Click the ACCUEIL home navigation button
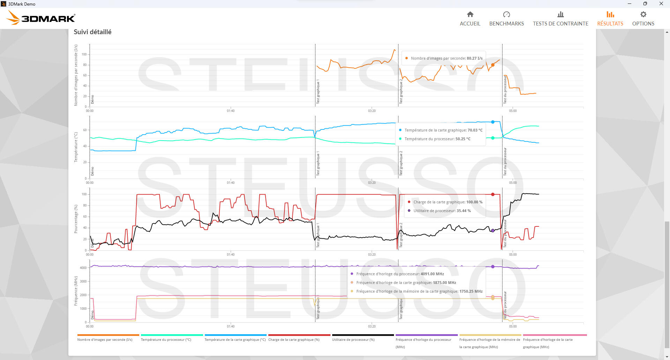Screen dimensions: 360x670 pos(470,18)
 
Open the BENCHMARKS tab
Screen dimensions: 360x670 pos(506,18)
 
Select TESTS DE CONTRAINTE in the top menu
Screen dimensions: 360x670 pos(560,18)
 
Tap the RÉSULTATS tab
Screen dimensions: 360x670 pos(610,18)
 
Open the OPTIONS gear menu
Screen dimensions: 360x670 pos(643,18)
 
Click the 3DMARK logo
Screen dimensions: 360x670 pos(41,18)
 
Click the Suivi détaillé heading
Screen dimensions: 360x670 pos(92,32)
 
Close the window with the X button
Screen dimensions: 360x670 pos(661,4)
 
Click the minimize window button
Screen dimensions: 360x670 pos(629,4)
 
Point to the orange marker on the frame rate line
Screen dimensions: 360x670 pos(493,65)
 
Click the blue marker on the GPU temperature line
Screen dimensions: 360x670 pos(493,122)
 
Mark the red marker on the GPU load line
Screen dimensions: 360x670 pos(493,194)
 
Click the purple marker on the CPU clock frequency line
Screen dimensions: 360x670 pos(493,267)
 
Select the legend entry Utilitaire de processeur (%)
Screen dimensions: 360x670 pos(353,339)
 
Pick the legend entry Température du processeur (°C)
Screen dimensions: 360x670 pos(166,339)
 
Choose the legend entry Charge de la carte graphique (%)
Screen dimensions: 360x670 pos(294,339)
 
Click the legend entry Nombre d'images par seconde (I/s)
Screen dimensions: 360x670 pos(105,339)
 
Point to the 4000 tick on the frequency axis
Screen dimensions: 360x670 pos(83,268)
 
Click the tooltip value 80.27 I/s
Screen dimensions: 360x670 pos(475,58)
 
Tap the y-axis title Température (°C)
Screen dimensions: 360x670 pos(76,147)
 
